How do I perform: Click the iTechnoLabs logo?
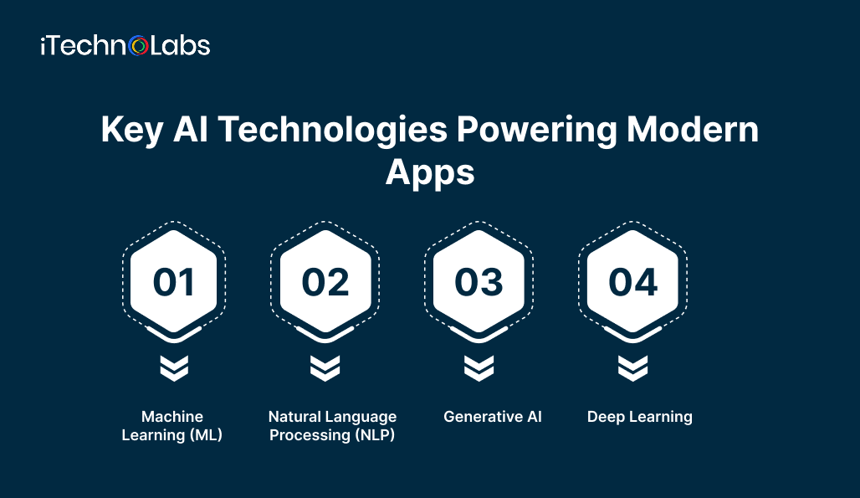click(125, 46)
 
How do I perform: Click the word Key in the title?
click(131, 132)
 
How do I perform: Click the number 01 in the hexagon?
click(174, 283)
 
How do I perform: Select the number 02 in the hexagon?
click(325, 283)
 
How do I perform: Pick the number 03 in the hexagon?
click(479, 283)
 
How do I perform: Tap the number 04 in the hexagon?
click(632, 283)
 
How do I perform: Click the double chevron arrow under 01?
click(174, 367)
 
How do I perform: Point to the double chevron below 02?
click(325, 367)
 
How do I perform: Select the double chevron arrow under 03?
click(479, 367)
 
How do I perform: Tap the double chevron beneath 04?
click(632, 367)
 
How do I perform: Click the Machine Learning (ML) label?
click(172, 425)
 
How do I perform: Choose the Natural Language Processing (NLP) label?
click(332, 425)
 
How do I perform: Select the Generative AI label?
click(493, 416)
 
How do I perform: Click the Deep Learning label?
click(640, 416)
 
